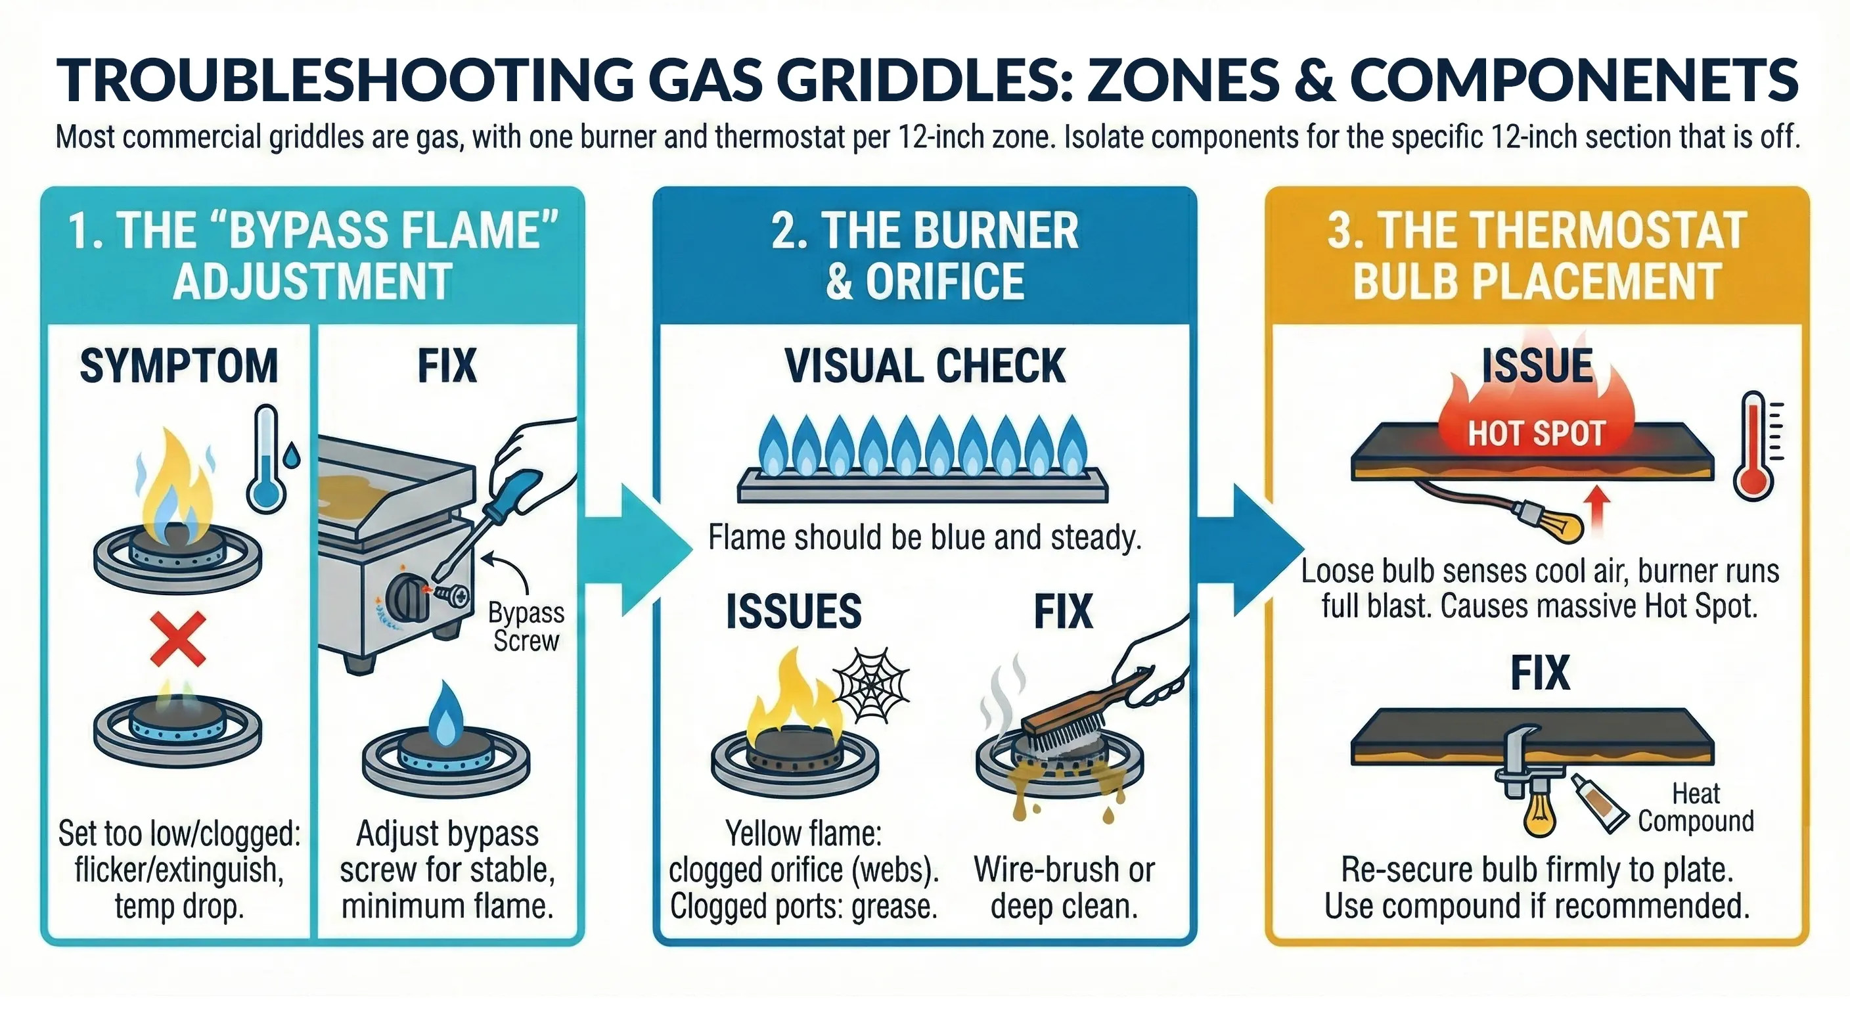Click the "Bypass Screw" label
[x=526, y=626]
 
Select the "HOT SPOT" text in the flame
[x=1536, y=433]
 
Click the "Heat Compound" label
[x=1696, y=807]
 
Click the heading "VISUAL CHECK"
[x=924, y=367]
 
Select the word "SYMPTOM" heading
[x=179, y=367]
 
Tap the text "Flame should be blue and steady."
[x=924, y=537]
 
